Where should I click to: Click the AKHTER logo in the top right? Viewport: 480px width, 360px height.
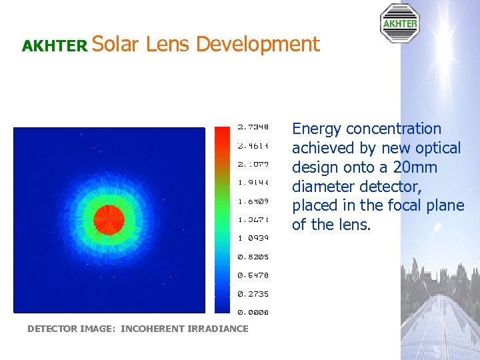pyautogui.click(x=399, y=23)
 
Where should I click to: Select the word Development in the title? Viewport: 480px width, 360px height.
pyautogui.click(x=257, y=45)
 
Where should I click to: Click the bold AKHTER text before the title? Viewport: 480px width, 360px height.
pyautogui.click(x=55, y=46)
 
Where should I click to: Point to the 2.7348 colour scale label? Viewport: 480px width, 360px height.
pyautogui.click(x=253, y=127)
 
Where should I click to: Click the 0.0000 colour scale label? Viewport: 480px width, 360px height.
pyautogui.click(x=253, y=312)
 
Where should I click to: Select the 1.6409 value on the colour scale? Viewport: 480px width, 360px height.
pyautogui.click(x=253, y=201)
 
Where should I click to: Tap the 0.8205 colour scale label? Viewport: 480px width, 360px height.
pyautogui.click(x=253, y=257)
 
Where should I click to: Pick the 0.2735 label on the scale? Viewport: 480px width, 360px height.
pyautogui.click(x=253, y=293)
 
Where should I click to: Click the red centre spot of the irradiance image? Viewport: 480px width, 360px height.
pyautogui.click(x=105, y=217)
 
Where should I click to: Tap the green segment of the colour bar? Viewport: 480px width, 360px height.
pyautogui.click(x=222, y=197)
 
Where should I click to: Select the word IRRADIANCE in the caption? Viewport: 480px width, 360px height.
pyautogui.click(x=218, y=329)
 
